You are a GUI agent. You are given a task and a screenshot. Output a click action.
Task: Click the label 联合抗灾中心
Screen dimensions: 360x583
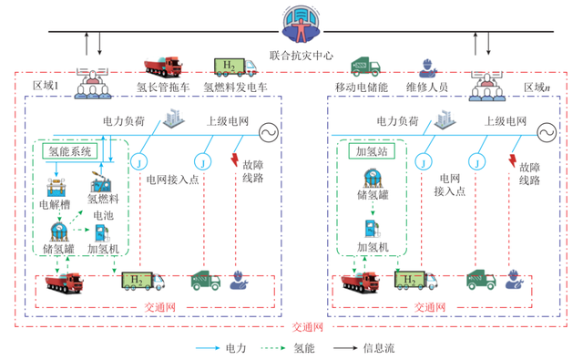coord(302,56)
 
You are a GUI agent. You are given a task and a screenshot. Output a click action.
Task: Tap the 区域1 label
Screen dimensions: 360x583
coord(46,86)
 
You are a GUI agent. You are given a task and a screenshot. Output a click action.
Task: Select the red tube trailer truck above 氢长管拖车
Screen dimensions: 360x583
coord(161,66)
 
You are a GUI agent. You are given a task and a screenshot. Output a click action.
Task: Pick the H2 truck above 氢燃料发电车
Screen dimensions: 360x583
coord(230,65)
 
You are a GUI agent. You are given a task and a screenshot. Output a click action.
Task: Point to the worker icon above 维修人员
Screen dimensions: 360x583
coord(425,67)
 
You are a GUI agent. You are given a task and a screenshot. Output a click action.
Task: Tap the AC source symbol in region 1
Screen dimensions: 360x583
coord(269,133)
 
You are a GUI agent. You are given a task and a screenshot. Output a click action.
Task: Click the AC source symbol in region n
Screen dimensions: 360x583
coord(545,133)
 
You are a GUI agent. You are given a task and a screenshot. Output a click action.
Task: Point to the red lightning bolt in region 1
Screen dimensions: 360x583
coord(239,149)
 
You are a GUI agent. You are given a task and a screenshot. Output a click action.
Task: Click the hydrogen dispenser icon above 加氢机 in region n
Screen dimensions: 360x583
coord(372,228)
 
